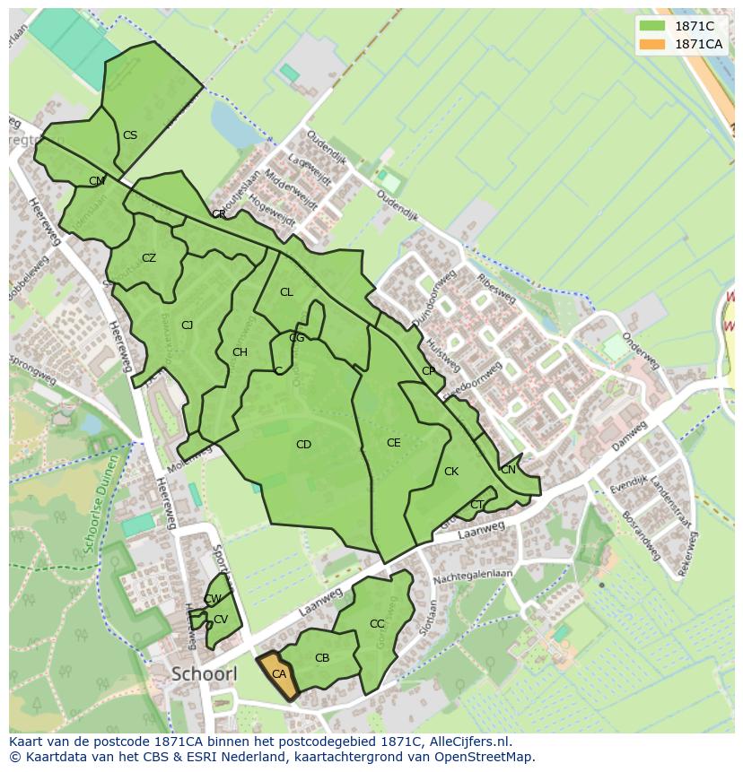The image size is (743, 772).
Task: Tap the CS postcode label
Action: click(x=130, y=135)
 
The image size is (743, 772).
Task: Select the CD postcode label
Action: click(x=303, y=445)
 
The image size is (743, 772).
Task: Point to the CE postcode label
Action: click(x=393, y=443)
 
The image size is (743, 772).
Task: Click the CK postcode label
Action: click(x=451, y=472)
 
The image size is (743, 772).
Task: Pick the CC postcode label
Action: click(x=377, y=624)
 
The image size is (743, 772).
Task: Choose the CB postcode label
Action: click(x=322, y=658)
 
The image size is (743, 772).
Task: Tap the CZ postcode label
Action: click(x=149, y=258)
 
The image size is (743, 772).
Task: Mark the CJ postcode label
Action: click(x=187, y=325)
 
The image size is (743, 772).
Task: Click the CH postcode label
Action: click(x=240, y=352)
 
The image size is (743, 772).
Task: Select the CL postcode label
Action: click(x=286, y=292)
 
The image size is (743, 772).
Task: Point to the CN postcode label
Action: click(x=508, y=470)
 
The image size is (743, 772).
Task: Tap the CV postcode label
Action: click(x=221, y=620)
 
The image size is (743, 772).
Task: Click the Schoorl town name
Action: click(x=204, y=673)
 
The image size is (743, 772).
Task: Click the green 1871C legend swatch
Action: click(x=652, y=26)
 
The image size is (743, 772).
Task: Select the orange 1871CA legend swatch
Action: click(x=652, y=44)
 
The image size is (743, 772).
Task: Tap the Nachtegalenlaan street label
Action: click(x=460, y=579)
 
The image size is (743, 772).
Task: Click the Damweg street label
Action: click(x=629, y=437)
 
